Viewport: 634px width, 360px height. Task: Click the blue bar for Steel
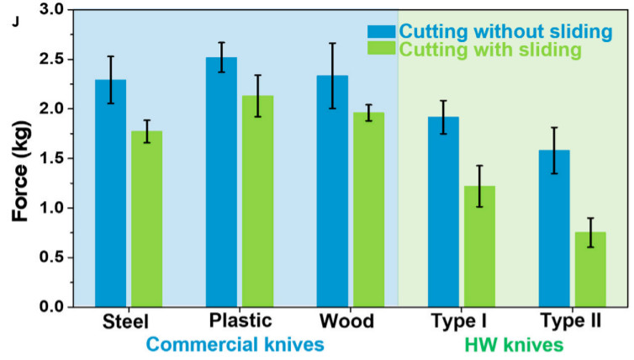click(110, 193)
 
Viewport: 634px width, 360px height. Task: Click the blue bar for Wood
click(332, 191)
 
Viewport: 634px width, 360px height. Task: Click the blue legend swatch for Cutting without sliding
click(382, 32)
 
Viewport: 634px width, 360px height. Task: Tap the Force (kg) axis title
click(20, 158)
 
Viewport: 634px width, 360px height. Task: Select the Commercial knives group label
click(236, 345)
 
